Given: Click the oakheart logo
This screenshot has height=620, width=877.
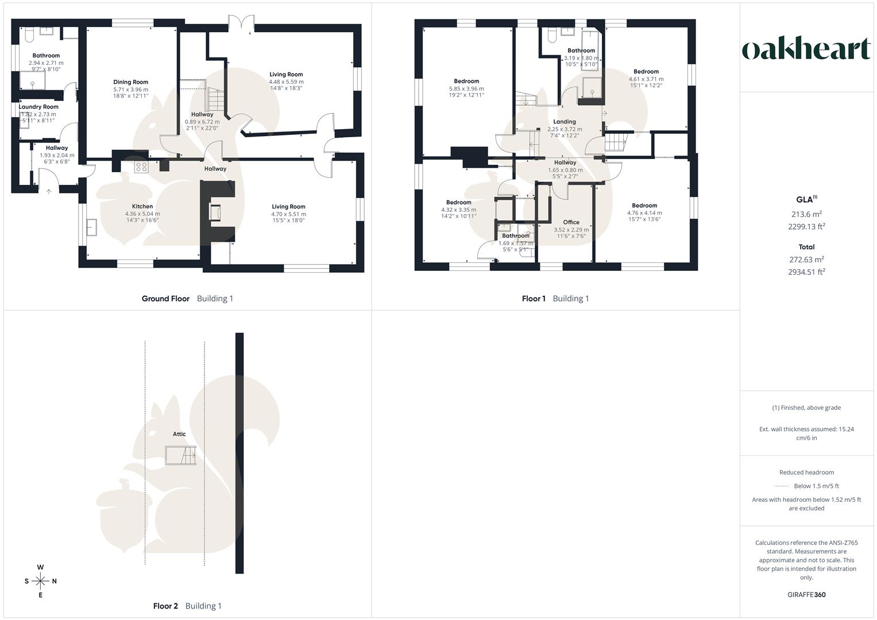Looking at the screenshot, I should [806, 49].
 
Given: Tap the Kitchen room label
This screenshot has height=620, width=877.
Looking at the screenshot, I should [142, 207].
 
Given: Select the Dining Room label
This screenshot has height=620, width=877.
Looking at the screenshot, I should [130, 82].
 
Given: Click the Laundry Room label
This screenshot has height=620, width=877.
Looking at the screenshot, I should [38, 107].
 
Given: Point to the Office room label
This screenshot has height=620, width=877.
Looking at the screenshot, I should [571, 222].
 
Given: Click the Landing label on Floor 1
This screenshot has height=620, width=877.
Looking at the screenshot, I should [565, 122].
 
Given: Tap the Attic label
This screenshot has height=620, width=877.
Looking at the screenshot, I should [179, 434].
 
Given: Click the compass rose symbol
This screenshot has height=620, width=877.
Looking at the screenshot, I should [40, 581].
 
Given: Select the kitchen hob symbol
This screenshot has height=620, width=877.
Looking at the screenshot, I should [141, 166].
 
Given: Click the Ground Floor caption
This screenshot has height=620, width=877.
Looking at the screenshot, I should [165, 299].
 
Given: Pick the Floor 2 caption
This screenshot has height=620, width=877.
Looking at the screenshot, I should [165, 606].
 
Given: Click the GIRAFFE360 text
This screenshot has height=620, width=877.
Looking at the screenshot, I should [806, 595].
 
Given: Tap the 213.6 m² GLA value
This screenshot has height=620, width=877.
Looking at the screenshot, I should [806, 214].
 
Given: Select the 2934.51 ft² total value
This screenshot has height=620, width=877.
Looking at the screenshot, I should [806, 272].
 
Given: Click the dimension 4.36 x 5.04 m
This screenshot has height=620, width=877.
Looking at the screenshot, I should [142, 214].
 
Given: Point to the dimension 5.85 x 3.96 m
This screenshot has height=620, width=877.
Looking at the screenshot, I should [466, 88].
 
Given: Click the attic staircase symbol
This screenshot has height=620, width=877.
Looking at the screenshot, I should [181, 455].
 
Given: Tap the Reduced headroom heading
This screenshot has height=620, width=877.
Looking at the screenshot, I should [806, 472].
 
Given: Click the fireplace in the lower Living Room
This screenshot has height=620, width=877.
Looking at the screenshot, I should [215, 213].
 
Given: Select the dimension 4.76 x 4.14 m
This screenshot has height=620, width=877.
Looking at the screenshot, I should [644, 212].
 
